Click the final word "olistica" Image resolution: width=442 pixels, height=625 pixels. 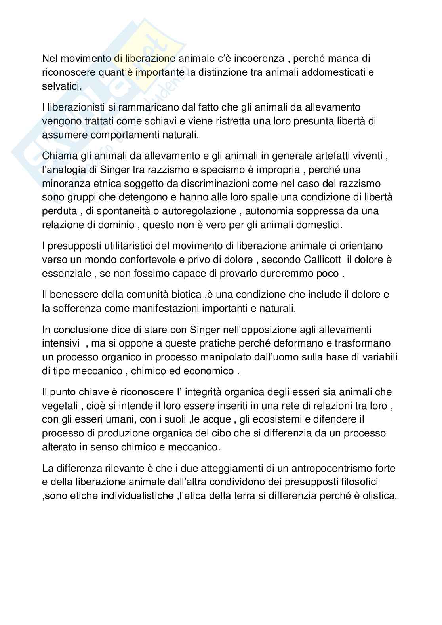(379, 495)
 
